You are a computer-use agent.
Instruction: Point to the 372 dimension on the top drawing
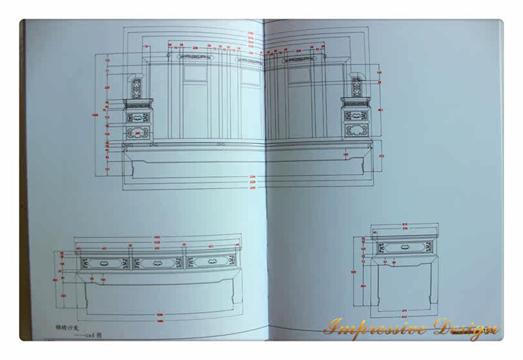pos(382,156)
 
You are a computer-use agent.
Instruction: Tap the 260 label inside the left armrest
pos(137,133)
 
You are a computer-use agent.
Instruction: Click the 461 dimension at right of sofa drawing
pos(380,110)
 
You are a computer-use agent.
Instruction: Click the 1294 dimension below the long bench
pos(159,314)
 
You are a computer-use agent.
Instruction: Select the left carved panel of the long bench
pos(104,263)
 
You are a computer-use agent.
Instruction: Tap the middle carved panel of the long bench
pos(158,263)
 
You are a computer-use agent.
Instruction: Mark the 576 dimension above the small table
pos(405,228)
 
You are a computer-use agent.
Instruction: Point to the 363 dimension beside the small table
pos(363,286)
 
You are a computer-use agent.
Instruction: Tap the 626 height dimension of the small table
pos(354,272)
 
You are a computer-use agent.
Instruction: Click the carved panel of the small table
pos(404,247)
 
